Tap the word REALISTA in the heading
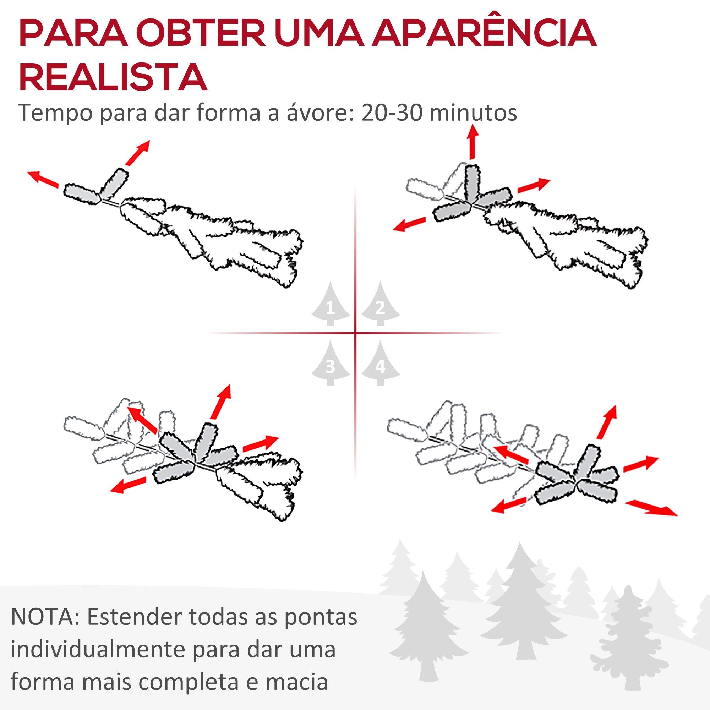pos(113,77)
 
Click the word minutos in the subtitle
pos(473,113)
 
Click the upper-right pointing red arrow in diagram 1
pos(137,153)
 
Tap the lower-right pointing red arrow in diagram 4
pos(651,508)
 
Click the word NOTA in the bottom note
pos(43,617)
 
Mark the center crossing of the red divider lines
pos(355,333)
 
